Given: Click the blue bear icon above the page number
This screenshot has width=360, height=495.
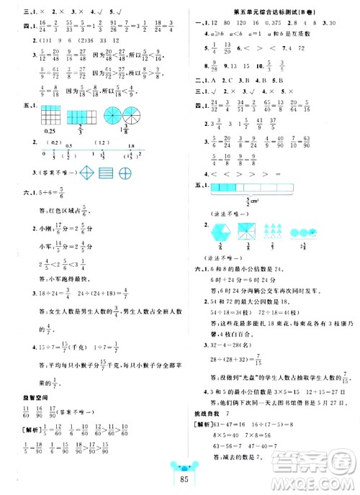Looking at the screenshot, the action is (180, 471).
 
